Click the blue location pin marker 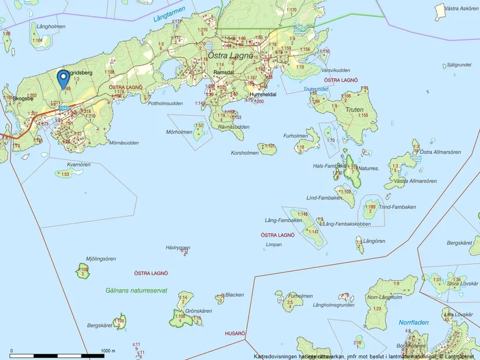point(62,78)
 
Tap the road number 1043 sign point(64,108)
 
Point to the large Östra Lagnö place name point(230,56)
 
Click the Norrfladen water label point(414,322)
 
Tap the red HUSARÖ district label point(235,334)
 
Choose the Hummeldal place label point(263,94)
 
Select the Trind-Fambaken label point(397,207)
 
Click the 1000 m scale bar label point(109,351)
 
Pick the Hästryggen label point(178,247)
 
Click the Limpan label point(273,245)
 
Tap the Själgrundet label point(454,65)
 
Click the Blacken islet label point(234,295)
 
